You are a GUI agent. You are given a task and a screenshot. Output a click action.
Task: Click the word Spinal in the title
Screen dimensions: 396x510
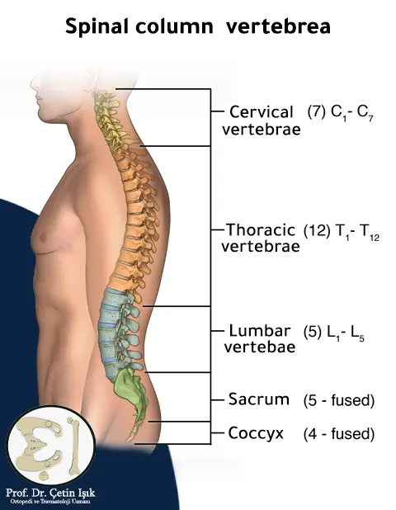click(x=97, y=26)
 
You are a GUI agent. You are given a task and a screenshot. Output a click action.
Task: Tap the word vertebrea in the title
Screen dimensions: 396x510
click(x=278, y=26)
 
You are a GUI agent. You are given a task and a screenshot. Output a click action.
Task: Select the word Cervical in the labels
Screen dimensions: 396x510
click(x=262, y=112)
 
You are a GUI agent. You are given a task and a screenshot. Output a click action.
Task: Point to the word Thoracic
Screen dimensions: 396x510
click(x=261, y=229)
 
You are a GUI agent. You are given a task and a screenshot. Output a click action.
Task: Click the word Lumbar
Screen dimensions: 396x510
click(x=260, y=331)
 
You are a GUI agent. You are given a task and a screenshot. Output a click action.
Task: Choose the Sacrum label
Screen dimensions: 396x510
click(x=259, y=399)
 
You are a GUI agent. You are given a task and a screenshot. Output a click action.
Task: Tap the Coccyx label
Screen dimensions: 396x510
click(x=256, y=433)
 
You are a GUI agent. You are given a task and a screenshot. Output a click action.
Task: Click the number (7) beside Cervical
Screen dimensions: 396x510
click(x=316, y=112)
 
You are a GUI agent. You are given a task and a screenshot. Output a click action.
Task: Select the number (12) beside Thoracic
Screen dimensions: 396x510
click(x=317, y=230)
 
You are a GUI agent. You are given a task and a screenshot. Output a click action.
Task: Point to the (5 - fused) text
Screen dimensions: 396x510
click(x=339, y=400)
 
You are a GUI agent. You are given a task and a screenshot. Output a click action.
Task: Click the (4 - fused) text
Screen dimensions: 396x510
click(x=339, y=434)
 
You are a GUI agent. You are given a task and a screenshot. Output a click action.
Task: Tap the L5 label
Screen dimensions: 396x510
click(x=357, y=333)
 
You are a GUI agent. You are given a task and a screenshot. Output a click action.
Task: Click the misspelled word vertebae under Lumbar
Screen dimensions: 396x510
click(x=260, y=347)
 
